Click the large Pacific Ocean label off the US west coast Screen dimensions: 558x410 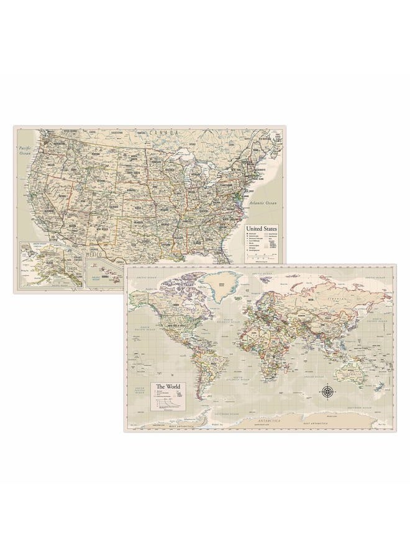(25, 153)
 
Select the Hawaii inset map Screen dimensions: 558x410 (102, 273)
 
